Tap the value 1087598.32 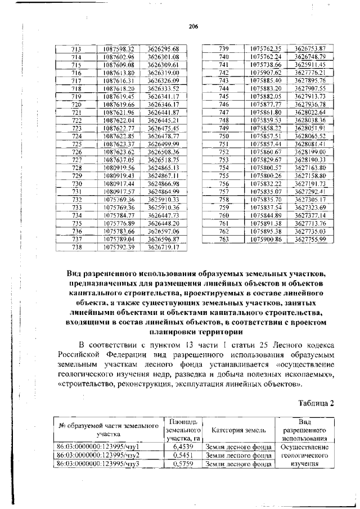[119, 49]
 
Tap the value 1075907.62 [268, 73]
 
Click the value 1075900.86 [268, 238]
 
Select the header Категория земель [238, 430]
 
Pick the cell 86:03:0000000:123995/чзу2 [98, 455]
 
